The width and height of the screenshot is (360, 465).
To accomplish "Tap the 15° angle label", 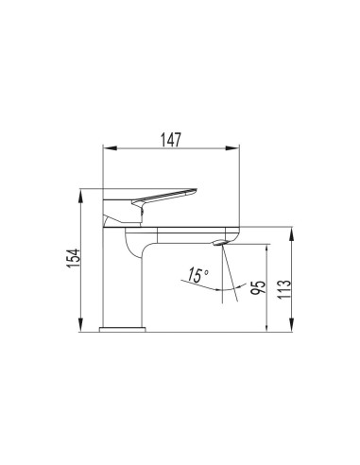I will point(197,275).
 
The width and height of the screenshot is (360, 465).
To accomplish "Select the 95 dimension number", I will point(252,289).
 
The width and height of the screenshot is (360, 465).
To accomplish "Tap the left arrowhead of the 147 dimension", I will point(106,146).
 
